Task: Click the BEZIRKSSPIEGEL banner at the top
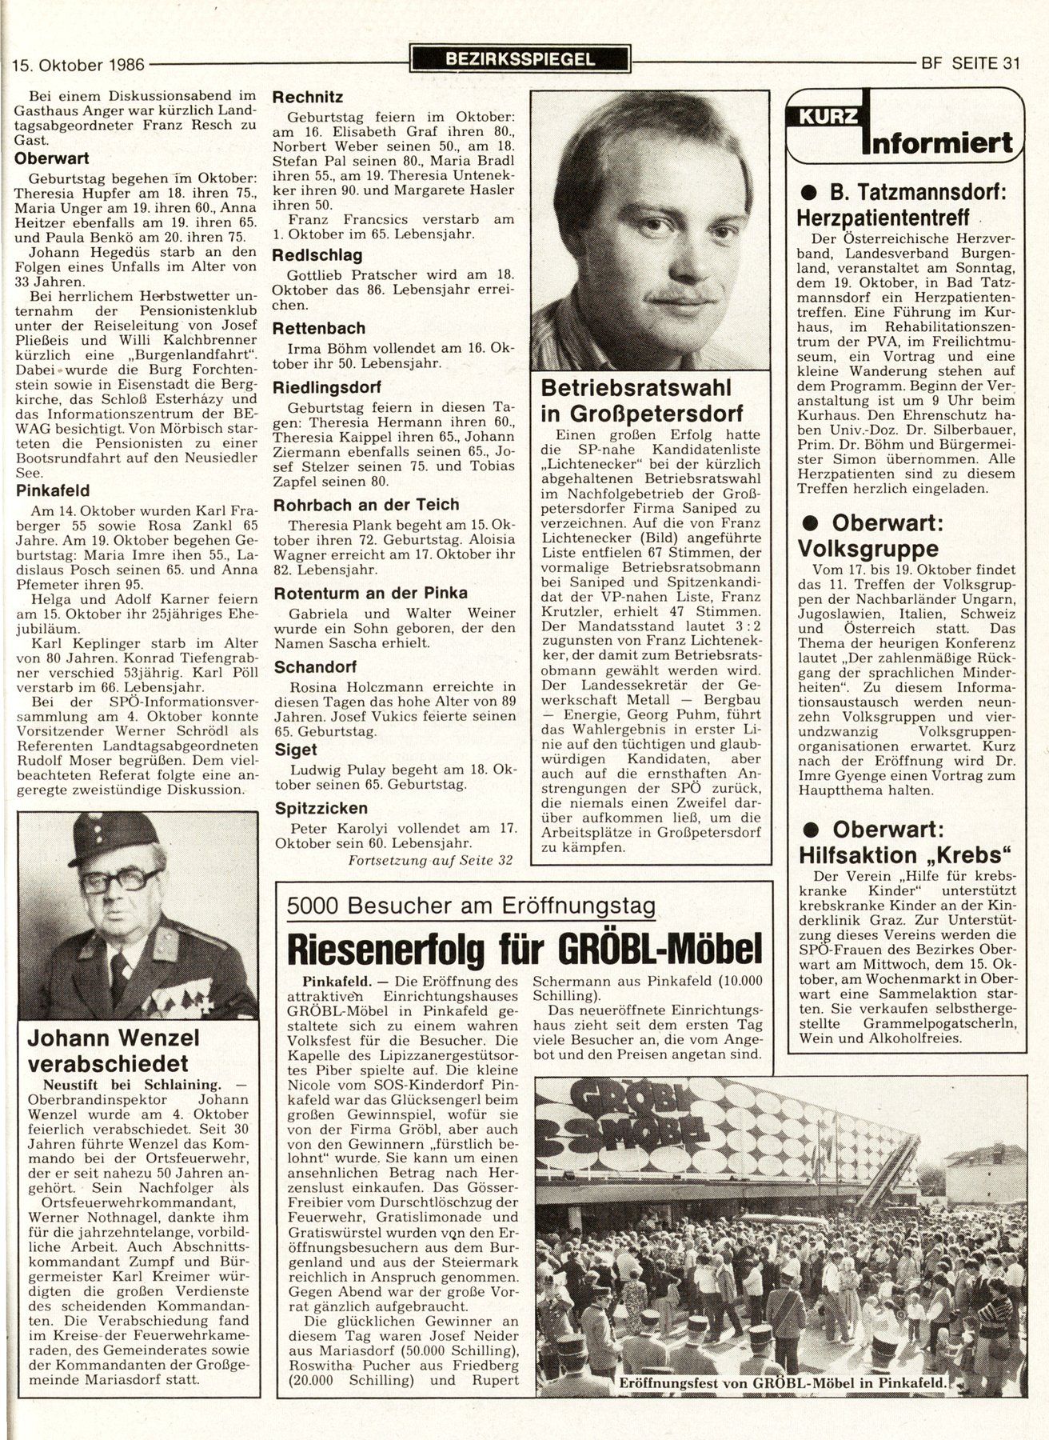coord(519,58)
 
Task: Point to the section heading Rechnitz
coord(308,98)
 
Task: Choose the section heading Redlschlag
coord(317,255)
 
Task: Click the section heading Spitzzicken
coord(320,808)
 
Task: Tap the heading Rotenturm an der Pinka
coord(370,594)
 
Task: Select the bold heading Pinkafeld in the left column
coord(52,490)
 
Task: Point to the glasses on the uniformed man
coord(121,881)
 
